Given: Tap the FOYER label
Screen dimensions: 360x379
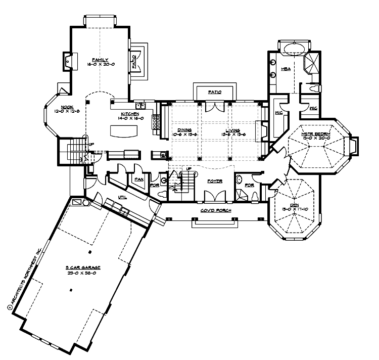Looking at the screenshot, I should tap(213, 180).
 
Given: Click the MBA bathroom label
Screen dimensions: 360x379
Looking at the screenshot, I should tap(285, 68).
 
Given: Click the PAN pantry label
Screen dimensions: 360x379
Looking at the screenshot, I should tap(137, 178).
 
